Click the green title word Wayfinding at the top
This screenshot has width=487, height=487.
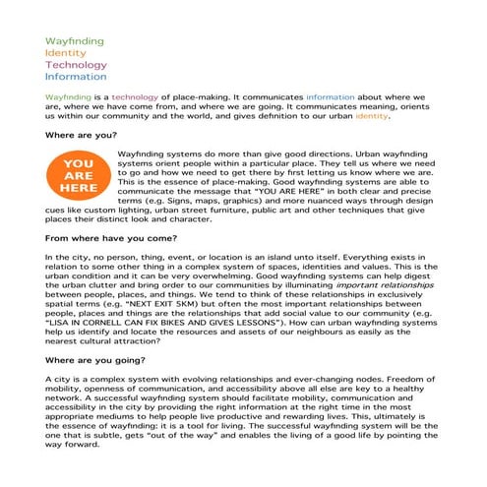point(73,40)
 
